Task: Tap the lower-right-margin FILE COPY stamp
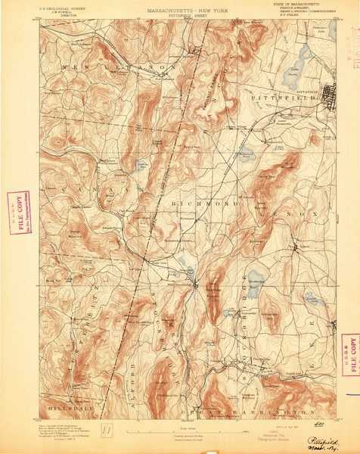pyautogui.click(x=349, y=353)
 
